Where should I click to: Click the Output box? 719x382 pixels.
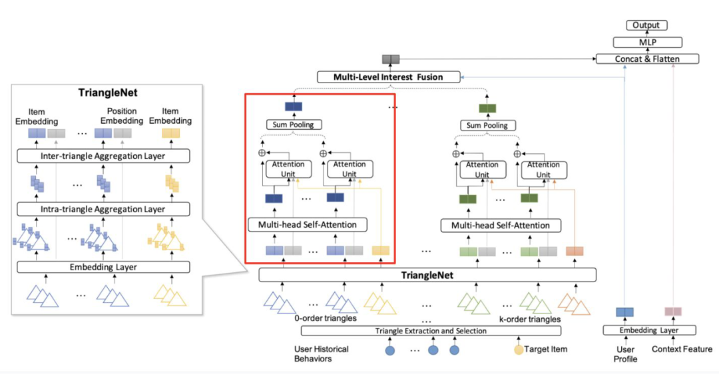(x=646, y=25)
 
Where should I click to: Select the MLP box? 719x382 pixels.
(x=646, y=42)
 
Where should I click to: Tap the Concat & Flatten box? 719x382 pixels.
(x=647, y=59)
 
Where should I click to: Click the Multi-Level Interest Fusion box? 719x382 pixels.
(x=389, y=77)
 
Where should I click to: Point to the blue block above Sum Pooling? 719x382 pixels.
(x=294, y=107)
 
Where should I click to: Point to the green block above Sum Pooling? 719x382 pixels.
(x=487, y=108)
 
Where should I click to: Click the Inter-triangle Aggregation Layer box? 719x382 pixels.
(x=103, y=156)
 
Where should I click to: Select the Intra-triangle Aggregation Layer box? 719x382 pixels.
(x=103, y=210)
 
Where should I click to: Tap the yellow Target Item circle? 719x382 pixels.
(x=519, y=349)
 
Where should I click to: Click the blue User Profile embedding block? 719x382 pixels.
(x=624, y=312)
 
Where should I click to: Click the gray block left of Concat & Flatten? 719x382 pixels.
(x=389, y=59)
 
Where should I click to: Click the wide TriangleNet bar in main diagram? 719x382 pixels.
(x=427, y=274)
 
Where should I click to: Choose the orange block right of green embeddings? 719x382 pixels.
(x=574, y=252)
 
